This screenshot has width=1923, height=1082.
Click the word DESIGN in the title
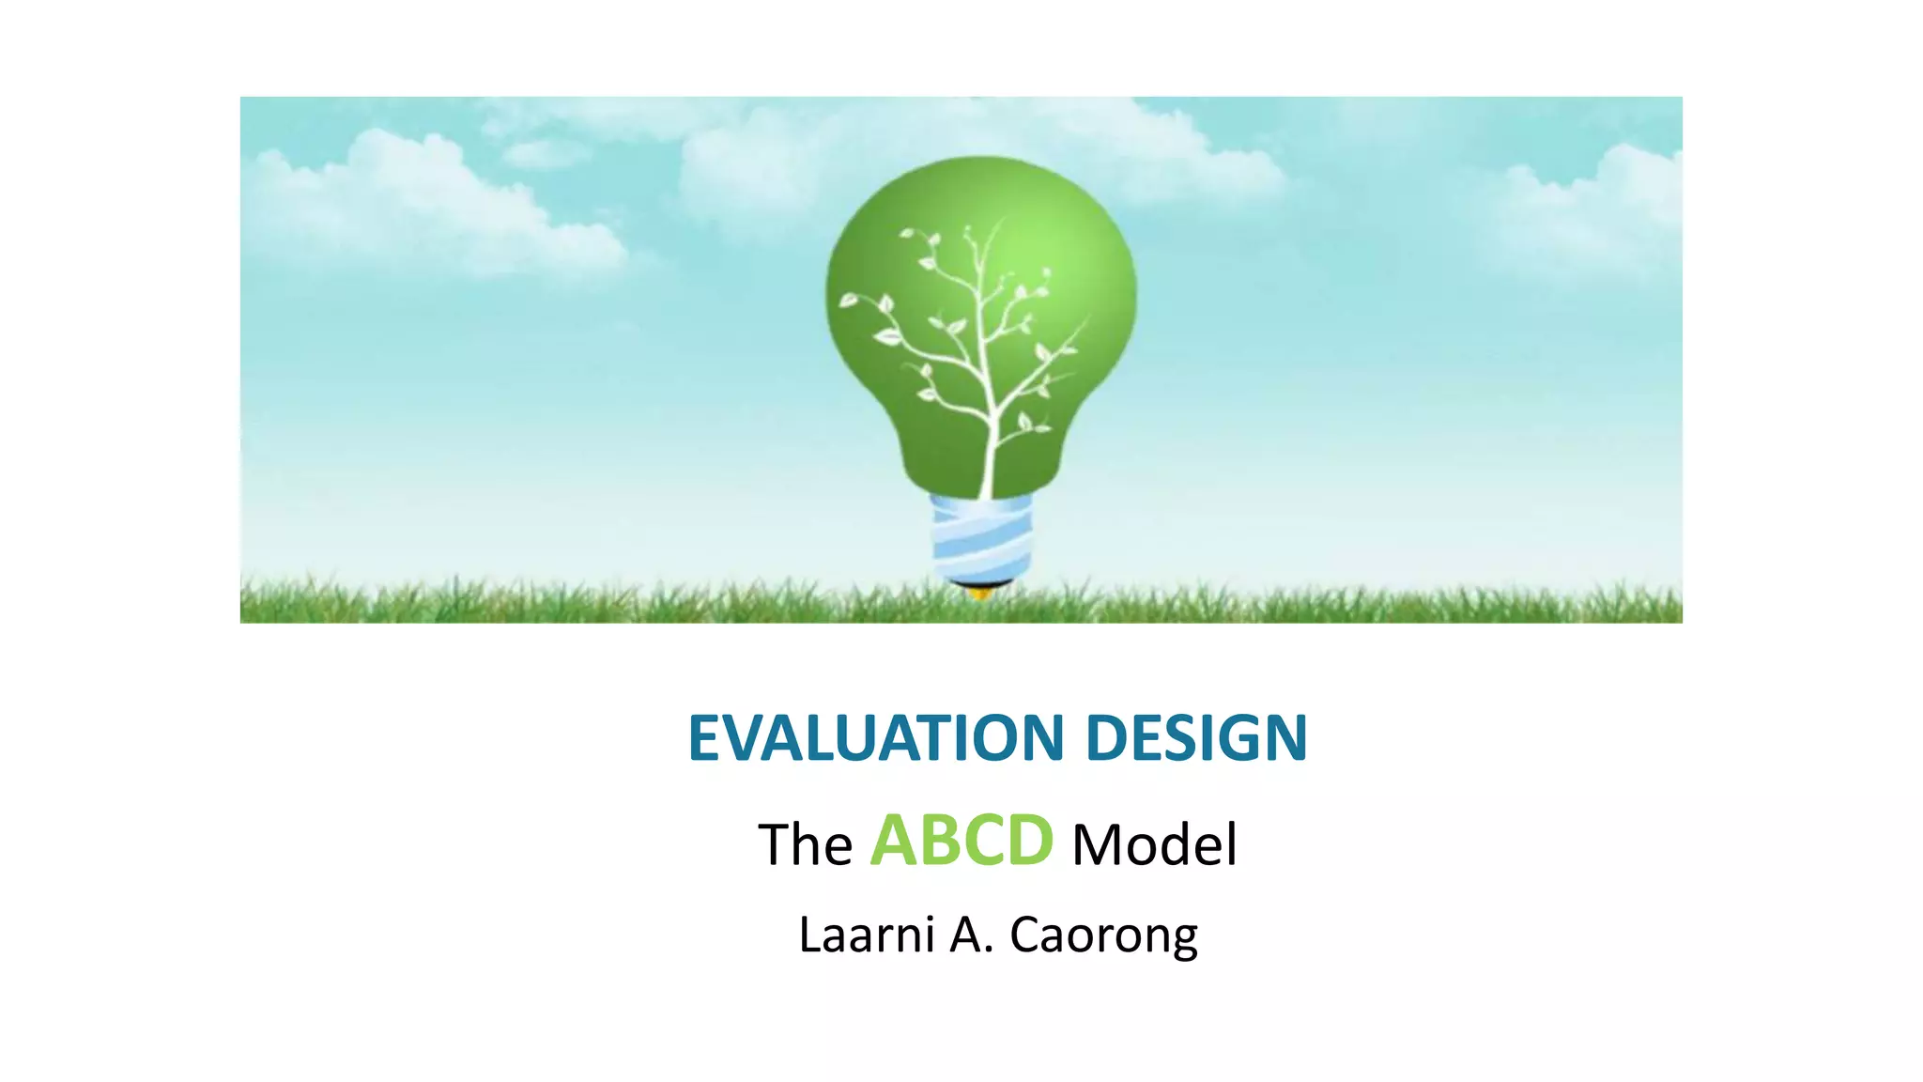click(x=1196, y=738)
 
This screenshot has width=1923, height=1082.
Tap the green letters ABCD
click(x=961, y=841)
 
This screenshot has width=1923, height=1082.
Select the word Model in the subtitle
click(x=1154, y=844)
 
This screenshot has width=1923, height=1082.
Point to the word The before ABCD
click(x=805, y=844)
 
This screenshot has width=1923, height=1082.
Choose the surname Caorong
click(x=1103, y=936)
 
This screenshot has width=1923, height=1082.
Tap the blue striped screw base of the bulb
click(x=981, y=540)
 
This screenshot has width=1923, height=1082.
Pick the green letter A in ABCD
click(x=894, y=841)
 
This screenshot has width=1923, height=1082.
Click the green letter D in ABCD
click(x=1029, y=841)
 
